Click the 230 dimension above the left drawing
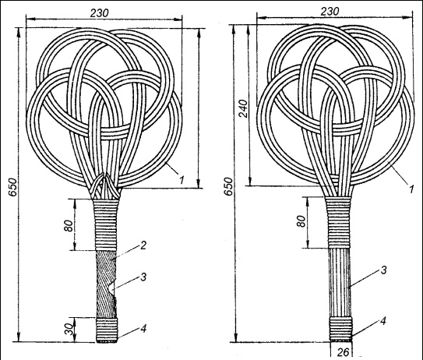pyautogui.click(x=99, y=13)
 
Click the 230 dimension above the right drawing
pyautogui.click(x=330, y=12)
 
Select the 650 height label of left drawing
pyautogui.click(x=12, y=187)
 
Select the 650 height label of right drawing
pyautogui.click(x=229, y=186)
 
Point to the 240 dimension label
pyautogui.click(x=244, y=108)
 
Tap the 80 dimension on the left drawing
pyautogui.click(x=69, y=226)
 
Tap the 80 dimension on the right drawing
pyautogui.click(x=302, y=221)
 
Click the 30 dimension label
pyautogui.click(x=69, y=329)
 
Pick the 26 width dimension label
pyautogui.click(x=343, y=352)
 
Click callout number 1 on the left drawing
pyautogui.click(x=182, y=179)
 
